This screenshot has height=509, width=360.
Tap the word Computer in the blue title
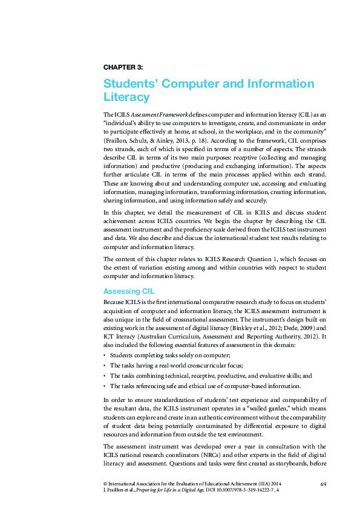200,83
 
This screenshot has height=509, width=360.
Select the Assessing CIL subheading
129,291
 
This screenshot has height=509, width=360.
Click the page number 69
322,484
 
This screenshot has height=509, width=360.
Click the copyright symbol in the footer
106,485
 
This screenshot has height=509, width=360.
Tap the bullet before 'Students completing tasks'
105,355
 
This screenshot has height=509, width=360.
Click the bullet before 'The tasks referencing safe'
105,386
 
